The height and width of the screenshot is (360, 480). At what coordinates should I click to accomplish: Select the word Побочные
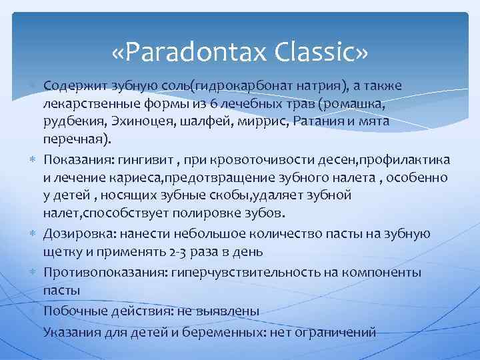pyautogui.click(x=70, y=311)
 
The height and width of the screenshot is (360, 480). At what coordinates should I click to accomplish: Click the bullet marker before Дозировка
pyautogui.click(x=33, y=234)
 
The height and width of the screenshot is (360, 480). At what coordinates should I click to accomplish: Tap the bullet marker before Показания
pyautogui.click(x=33, y=159)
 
